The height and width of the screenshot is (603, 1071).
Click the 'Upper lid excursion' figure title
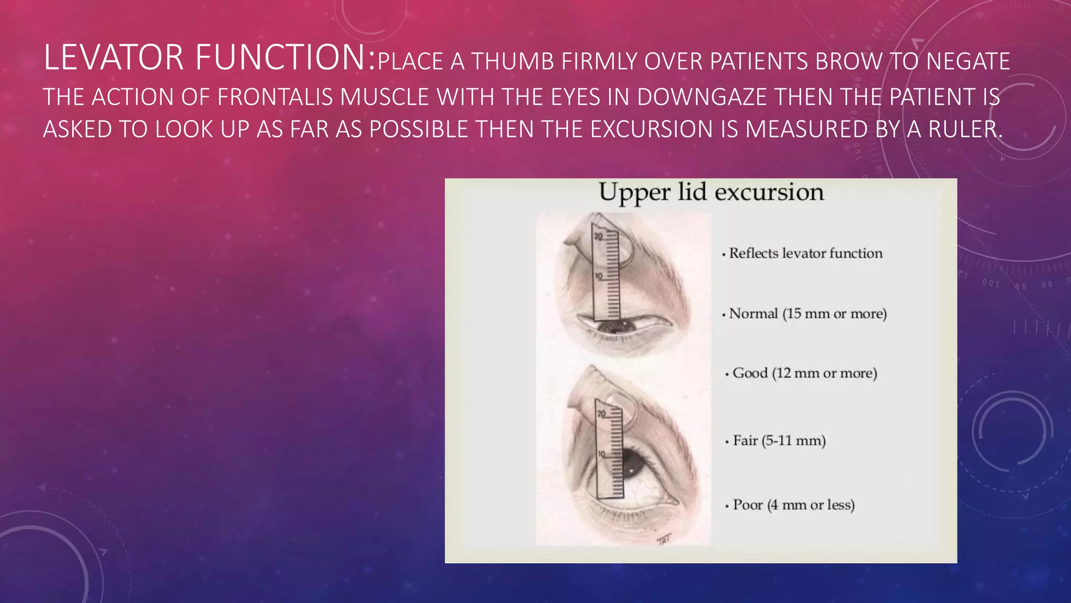click(x=711, y=192)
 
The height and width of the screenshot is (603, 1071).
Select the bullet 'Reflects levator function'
click(x=805, y=253)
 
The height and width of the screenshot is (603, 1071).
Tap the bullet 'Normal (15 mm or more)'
click(x=807, y=314)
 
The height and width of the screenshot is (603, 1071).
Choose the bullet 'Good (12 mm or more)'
click(x=804, y=373)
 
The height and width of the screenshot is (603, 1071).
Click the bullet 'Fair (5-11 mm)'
click(x=779, y=441)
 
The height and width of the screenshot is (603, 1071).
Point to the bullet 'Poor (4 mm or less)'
click(x=793, y=505)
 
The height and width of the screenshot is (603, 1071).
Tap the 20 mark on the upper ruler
click(x=598, y=237)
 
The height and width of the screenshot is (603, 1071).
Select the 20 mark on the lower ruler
click(x=601, y=414)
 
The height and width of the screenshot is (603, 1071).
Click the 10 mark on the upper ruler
click(x=598, y=276)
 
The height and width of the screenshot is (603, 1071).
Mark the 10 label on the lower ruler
click(x=601, y=453)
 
